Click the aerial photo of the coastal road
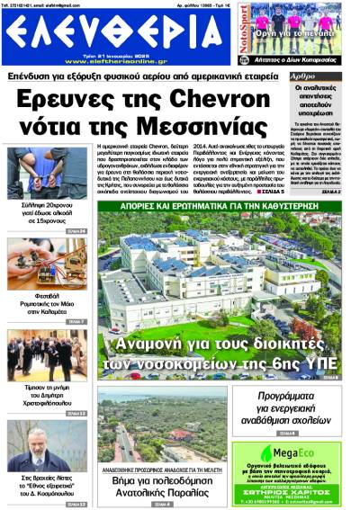162,427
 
